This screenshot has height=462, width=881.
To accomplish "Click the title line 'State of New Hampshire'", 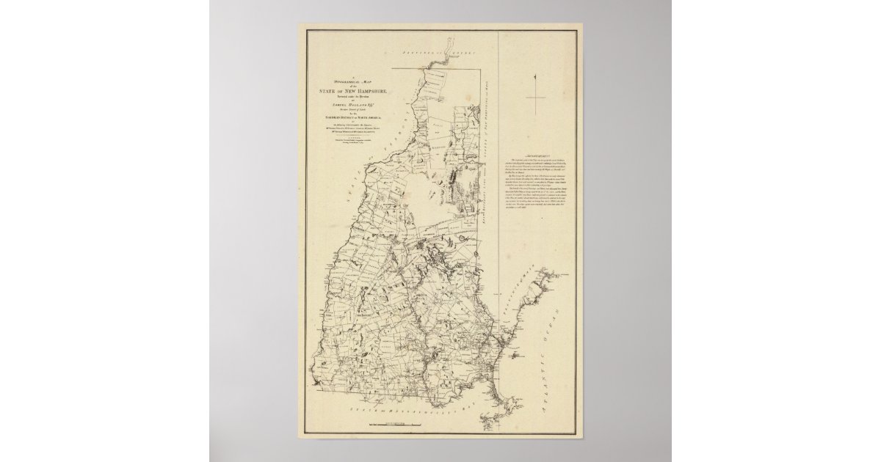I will point(349,91).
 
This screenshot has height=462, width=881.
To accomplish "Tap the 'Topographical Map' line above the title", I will point(349,81).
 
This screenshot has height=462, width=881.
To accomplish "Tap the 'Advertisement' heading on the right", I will point(537,156).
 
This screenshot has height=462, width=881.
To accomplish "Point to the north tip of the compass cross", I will point(537,73).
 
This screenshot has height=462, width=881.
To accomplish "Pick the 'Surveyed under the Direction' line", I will point(349,97).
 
